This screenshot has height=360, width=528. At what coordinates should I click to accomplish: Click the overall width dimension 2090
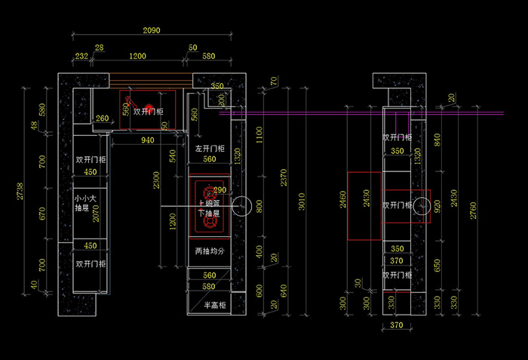coord(151,30)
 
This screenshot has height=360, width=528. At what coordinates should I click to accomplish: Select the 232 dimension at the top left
coord(81,57)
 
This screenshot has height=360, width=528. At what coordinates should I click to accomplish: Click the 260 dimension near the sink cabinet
coord(102,118)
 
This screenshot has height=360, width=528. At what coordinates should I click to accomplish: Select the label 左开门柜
coord(210,149)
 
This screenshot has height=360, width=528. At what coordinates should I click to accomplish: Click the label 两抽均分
coord(210,251)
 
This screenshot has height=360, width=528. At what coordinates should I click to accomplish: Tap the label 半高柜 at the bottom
coord(215,305)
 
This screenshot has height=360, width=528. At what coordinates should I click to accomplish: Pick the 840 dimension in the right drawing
coord(436,139)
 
